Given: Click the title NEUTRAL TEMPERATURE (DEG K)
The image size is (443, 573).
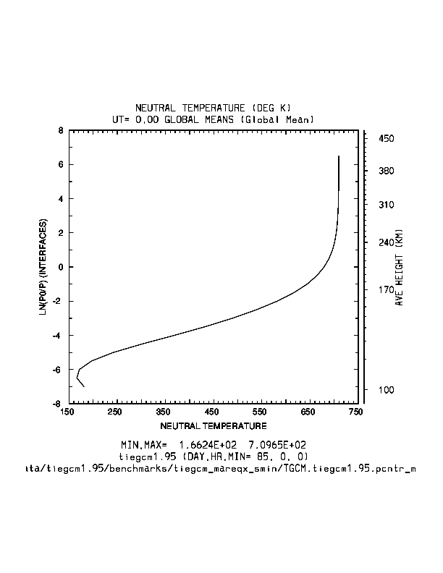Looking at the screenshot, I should [x=213, y=108].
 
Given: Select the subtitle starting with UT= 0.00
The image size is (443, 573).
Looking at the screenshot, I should [x=213, y=119].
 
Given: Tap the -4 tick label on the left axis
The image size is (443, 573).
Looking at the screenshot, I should [x=59, y=335].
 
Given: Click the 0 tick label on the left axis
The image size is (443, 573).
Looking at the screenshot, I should [x=61, y=267].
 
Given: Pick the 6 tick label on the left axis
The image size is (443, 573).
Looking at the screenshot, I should [x=61, y=165].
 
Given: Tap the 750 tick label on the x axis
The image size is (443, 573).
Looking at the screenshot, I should [x=355, y=412].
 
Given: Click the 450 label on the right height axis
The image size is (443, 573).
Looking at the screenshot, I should [x=385, y=138].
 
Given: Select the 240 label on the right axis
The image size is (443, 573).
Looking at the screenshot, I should [x=385, y=243].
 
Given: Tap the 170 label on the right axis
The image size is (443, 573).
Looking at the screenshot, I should [x=385, y=291].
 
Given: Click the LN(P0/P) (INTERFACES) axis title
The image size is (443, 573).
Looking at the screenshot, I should [x=43, y=268].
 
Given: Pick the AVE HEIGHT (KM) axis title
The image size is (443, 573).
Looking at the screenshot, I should [x=399, y=268].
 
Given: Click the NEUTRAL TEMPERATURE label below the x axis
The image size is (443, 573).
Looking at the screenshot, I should [x=213, y=425].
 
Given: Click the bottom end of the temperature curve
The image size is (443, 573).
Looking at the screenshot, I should [x=84, y=386].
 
